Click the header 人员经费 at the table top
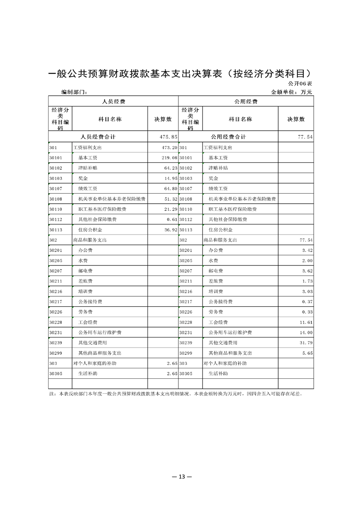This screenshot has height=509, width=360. tap(113, 102)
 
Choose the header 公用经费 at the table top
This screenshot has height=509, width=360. tap(246, 102)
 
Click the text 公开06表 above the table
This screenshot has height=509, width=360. tap(300, 84)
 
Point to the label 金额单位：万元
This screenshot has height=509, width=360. tap(291, 92)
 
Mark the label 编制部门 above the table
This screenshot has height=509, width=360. tap(74, 92)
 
